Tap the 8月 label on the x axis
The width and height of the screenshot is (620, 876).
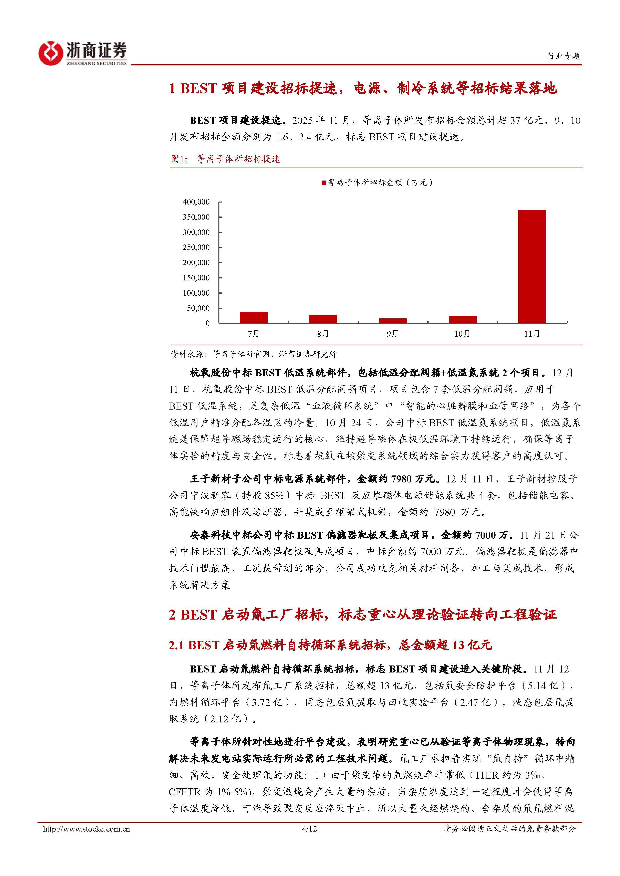click(x=323, y=334)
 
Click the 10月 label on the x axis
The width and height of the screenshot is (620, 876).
click(x=462, y=334)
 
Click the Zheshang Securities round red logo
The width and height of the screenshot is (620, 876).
click(x=50, y=53)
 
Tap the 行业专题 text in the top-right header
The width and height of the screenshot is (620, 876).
click(x=564, y=56)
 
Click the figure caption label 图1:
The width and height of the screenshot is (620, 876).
click(x=179, y=159)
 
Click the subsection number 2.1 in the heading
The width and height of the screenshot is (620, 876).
click(x=176, y=645)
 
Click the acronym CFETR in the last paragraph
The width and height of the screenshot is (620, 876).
click(x=184, y=792)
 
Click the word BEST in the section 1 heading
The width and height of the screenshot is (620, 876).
click(x=198, y=88)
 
